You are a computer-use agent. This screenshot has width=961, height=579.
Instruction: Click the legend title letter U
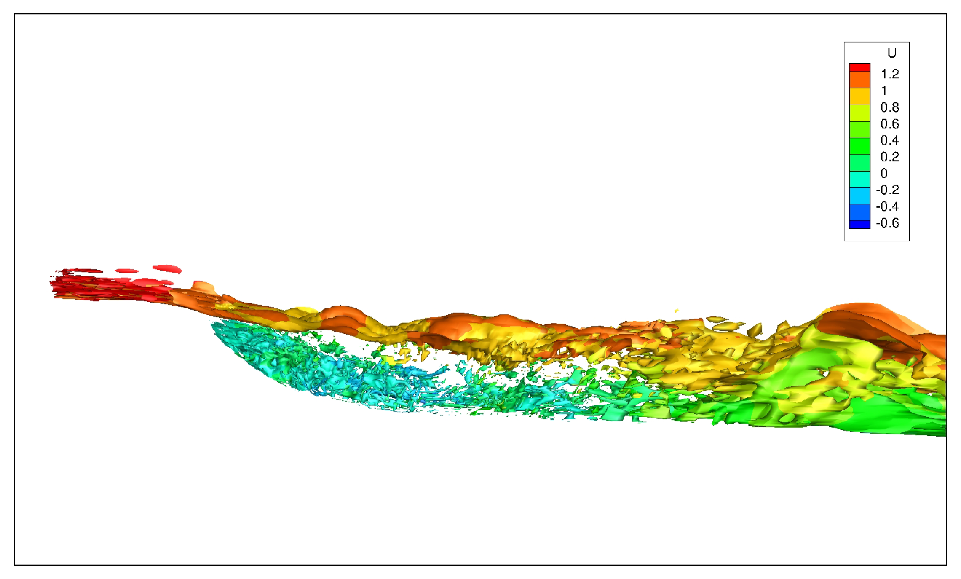click(891, 53)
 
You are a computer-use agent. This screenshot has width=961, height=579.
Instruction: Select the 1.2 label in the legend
click(890, 74)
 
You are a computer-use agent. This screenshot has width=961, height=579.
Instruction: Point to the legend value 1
click(884, 91)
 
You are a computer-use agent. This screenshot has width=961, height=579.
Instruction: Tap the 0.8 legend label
click(890, 107)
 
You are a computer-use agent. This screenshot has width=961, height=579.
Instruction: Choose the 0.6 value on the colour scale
click(890, 124)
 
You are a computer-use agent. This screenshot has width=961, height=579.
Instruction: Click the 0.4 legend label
click(890, 140)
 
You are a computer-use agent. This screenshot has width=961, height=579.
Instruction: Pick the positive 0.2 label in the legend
click(890, 157)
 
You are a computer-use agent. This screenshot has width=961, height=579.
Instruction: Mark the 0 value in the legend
click(884, 173)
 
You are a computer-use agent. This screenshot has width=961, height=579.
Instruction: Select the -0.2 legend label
click(888, 190)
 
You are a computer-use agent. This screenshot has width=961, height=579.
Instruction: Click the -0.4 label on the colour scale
click(888, 206)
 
